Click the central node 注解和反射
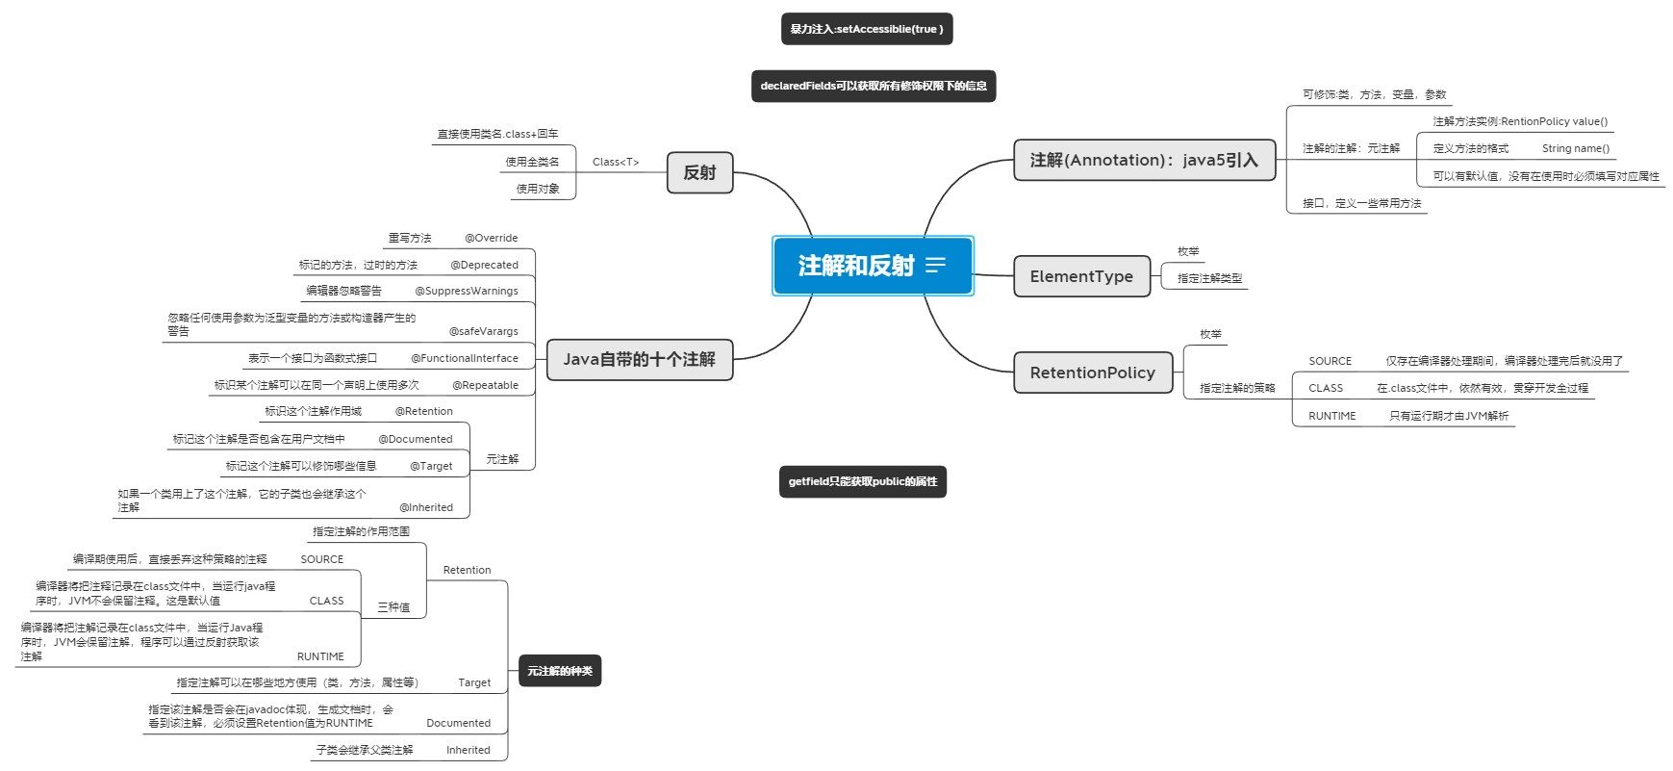tap(855, 266)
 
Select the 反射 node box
tap(699, 172)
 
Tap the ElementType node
tap(1081, 276)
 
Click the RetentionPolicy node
tap(1092, 373)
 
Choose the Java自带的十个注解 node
tap(639, 359)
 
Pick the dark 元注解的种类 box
tap(560, 671)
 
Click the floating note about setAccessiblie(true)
tap(866, 29)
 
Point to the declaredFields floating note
tap(873, 86)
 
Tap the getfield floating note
tap(862, 481)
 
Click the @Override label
tap(491, 238)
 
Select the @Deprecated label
tap(484, 265)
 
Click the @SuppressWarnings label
tap(467, 291)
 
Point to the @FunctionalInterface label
tap(464, 358)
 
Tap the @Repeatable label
tap(485, 385)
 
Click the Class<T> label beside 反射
tap(616, 162)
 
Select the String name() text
tap(1575, 148)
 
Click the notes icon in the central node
tap(935, 266)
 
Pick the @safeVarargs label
tap(483, 331)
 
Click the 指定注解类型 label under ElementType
tap(1209, 278)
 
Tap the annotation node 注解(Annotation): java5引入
tap(1144, 160)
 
